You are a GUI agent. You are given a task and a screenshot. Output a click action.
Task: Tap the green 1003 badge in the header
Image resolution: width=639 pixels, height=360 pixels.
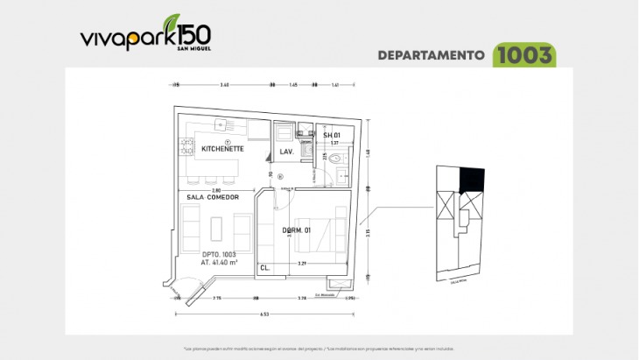(x=524, y=55)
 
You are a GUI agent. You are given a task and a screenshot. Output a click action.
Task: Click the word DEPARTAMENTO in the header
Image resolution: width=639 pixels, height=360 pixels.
(x=432, y=55)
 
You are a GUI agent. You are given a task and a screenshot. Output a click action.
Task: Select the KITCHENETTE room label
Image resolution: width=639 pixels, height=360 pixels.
(x=222, y=150)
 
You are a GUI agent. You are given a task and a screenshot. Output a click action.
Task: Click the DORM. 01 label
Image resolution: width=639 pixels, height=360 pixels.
(x=296, y=231)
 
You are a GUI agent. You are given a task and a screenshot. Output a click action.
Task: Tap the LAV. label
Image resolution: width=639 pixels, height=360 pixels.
(x=285, y=152)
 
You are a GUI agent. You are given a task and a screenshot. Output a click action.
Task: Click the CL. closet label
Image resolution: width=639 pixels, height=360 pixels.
(x=264, y=269)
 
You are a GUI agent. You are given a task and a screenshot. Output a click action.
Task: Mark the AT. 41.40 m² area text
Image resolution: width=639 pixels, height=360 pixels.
(x=207, y=262)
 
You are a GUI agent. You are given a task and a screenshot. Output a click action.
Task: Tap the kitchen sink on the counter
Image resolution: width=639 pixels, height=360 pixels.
(x=221, y=125)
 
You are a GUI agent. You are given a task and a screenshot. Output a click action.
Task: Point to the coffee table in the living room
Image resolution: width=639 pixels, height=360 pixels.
(x=217, y=227)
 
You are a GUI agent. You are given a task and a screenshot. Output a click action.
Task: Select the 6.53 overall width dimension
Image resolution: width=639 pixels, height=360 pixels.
(x=263, y=314)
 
